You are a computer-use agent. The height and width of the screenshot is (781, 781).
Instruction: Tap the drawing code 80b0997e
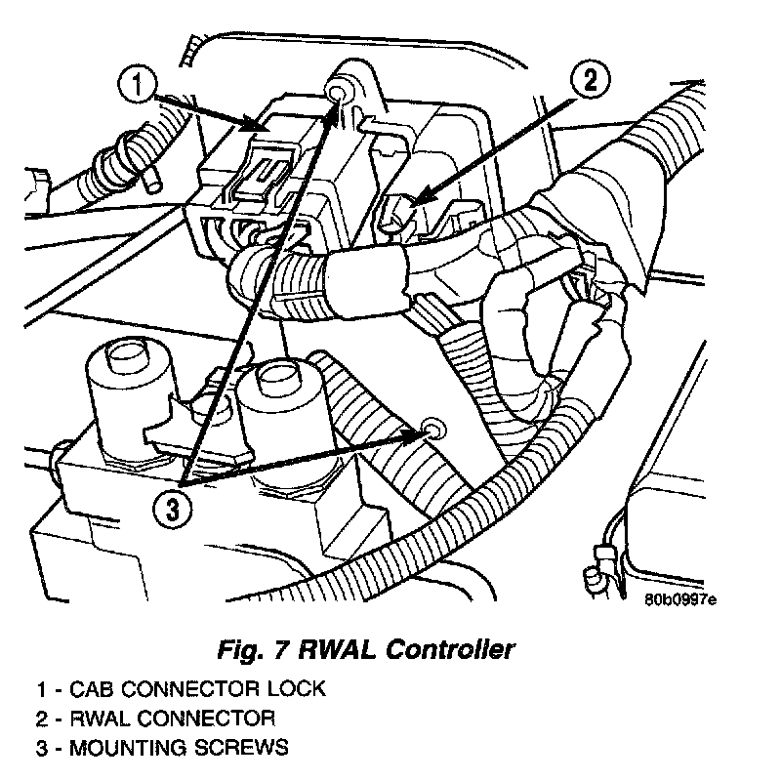click(679, 599)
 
